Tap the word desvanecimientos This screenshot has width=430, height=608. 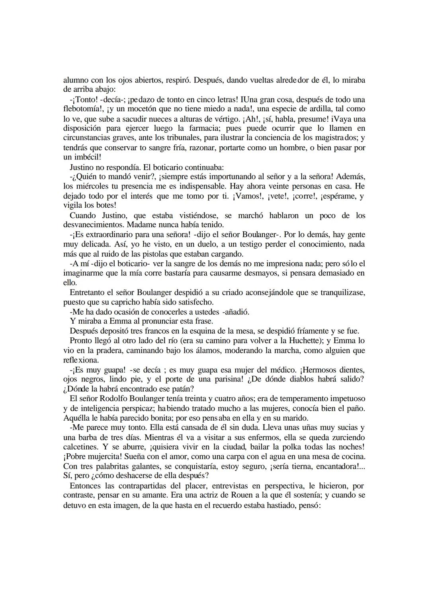click(93, 225)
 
